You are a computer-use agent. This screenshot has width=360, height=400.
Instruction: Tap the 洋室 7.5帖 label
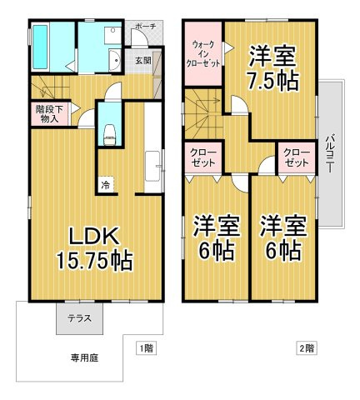tap(272, 69)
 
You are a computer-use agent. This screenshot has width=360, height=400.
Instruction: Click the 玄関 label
tap(143, 60)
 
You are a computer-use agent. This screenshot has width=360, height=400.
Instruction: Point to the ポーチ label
tap(144, 27)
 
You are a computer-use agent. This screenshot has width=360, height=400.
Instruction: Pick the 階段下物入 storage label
tap(47, 113)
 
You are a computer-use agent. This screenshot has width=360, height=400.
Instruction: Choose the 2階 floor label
tap(305, 347)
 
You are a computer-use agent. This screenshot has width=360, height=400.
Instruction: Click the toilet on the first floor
tap(108, 132)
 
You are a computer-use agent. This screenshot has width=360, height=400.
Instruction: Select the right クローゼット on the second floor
tap(296, 158)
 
